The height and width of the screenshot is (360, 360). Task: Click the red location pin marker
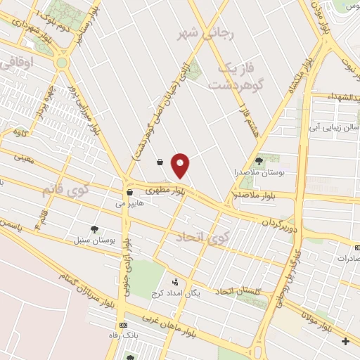coord(181,165)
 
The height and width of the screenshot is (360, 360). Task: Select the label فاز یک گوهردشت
coord(236,76)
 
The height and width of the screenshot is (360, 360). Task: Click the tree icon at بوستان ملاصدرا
coord(258,160)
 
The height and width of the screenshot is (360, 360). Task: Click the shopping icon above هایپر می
coord(129,191)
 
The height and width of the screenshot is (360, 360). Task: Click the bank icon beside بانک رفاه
coord(124,325)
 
